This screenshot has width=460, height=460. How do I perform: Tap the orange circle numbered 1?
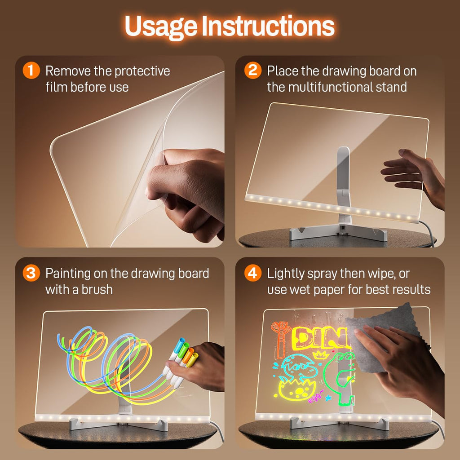tap(31, 71)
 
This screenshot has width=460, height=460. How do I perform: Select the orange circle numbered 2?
tap(252, 71)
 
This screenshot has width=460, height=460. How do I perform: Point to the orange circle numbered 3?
tap(31, 273)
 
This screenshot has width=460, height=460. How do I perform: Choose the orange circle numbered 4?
tap(252, 273)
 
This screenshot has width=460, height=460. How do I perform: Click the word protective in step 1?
tap(142, 71)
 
